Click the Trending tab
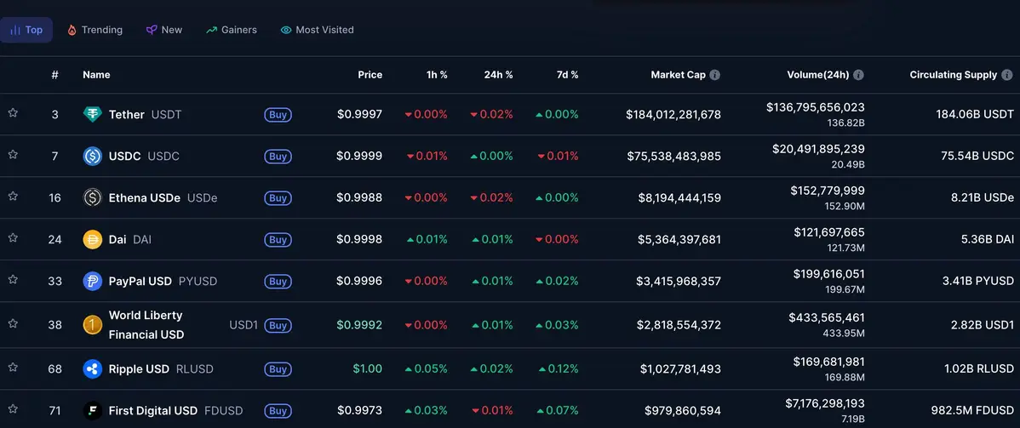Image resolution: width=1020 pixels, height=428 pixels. tap(95, 30)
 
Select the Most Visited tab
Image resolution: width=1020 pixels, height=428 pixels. tap(317, 30)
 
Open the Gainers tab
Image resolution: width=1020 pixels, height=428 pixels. tap(231, 30)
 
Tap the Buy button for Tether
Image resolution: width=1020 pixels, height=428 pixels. tap(278, 115)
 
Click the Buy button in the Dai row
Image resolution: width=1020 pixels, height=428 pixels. tap(278, 240)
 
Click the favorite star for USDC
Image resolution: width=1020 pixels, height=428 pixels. tap(13, 155)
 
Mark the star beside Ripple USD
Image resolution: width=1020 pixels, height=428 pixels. tap(13, 368)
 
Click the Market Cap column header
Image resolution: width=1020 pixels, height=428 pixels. tap(678, 75)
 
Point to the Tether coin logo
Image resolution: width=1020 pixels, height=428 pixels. tap(92, 115)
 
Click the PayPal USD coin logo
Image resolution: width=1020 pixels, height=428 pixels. tap(92, 282)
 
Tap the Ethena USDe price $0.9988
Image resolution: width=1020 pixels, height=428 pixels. tap(358, 198)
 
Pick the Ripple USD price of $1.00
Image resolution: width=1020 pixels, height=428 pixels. tap(367, 369)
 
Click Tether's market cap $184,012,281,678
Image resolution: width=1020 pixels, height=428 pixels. tap(673, 115)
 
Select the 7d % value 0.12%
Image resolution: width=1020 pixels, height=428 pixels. tap(559, 369)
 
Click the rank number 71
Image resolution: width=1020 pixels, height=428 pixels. tap(54, 411)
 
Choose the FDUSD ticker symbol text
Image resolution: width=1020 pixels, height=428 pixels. tap(223, 411)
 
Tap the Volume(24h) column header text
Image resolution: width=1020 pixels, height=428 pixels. tap(817, 75)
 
